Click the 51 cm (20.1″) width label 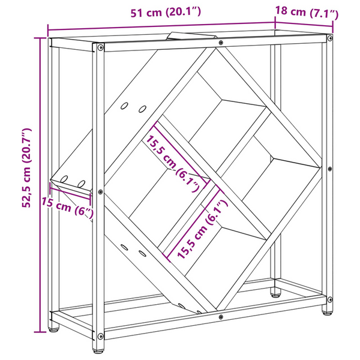(x=166, y=12)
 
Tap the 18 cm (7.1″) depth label (x=307, y=13)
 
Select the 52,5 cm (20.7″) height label (x=26, y=168)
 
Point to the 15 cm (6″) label (x=67, y=208)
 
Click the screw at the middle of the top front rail (x=221, y=43)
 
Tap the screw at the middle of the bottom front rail (x=221, y=317)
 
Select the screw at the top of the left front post (x=101, y=48)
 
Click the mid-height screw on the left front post (x=100, y=192)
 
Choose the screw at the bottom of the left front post (x=101, y=337)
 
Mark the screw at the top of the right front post (x=330, y=38)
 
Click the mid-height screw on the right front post (x=330, y=169)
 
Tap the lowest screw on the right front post (x=330, y=299)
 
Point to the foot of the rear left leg (x=53, y=330)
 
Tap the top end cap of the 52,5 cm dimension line (x=40, y=38)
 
